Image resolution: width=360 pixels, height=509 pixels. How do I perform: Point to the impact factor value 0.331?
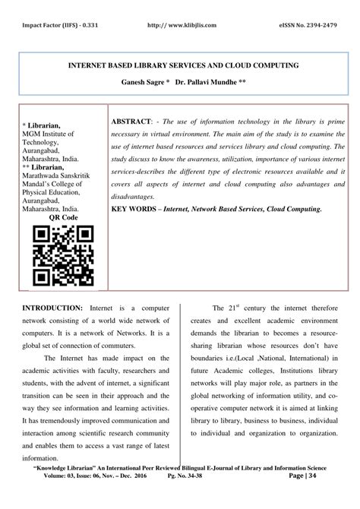pyautogui.click(x=86, y=24)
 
